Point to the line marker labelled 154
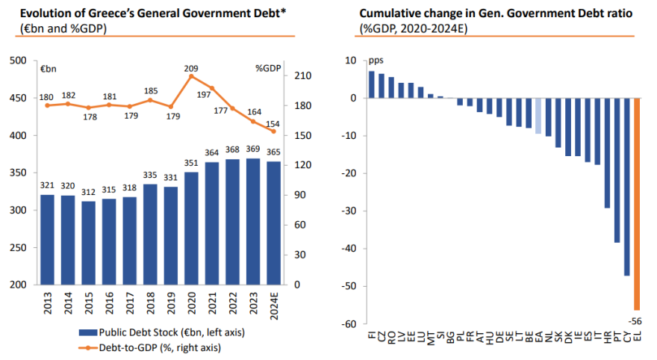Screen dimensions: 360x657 coord(273,131)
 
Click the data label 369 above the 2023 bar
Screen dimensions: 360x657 coord(253,152)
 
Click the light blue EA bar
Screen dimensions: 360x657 coord(538,116)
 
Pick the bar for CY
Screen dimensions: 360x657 coord(627,187)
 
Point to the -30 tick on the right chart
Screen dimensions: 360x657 coord(349,211)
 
